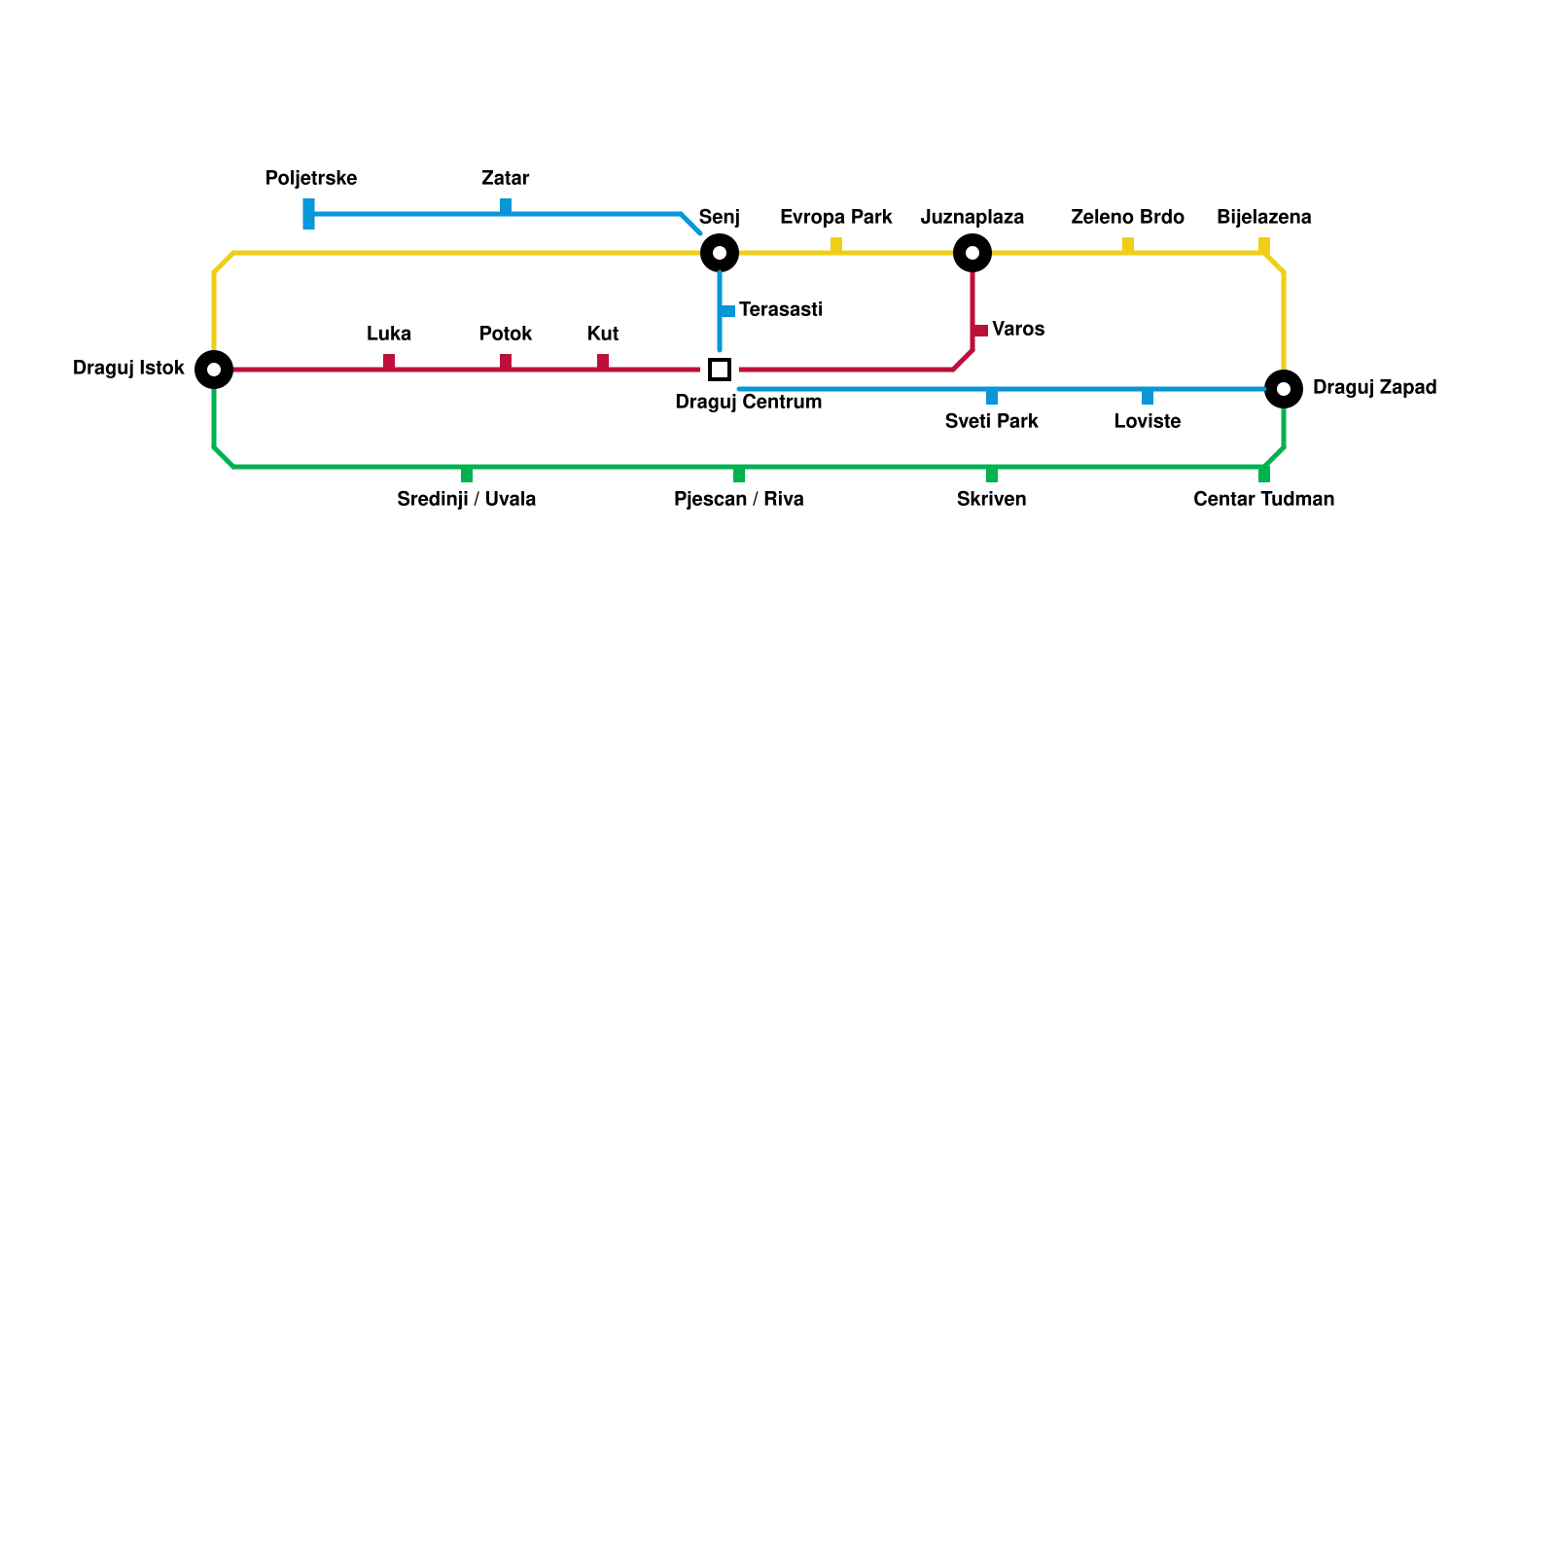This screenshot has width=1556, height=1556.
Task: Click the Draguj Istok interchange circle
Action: click(x=214, y=370)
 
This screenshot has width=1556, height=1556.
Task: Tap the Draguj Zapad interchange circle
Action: click(x=1284, y=389)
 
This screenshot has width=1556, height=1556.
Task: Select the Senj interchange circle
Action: click(x=720, y=253)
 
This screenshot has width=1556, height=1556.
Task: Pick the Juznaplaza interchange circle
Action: click(x=972, y=253)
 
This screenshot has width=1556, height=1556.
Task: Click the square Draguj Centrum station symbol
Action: click(x=720, y=370)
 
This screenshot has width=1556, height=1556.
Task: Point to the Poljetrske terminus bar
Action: click(x=308, y=214)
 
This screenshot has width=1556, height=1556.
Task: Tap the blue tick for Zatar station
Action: click(x=506, y=206)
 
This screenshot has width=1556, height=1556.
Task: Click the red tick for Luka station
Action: click(x=389, y=362)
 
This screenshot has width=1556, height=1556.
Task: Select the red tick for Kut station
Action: click(x=603, y=362)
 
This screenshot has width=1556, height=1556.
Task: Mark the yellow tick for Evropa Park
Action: click(x=836, y=245)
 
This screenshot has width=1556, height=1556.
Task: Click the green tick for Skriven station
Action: click(x=992, y=475)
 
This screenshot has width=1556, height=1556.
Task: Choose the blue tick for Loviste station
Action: click(x=1148, y=397)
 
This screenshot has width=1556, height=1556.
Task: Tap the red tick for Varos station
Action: click(x=980, y=331)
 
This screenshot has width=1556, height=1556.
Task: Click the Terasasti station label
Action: click(x=781, y=310)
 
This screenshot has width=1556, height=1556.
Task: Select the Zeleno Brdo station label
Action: click(x=1127, y=217)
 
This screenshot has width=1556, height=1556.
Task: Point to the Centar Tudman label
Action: click(x=1263, y=500)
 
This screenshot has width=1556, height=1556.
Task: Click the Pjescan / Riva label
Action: click(x=738, y=500)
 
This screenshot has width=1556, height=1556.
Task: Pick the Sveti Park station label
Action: click(x=991, y=422)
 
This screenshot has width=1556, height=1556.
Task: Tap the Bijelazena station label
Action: click(x=1263, y=217)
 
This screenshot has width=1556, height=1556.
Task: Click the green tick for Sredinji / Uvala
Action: click(x=467, y=475)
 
